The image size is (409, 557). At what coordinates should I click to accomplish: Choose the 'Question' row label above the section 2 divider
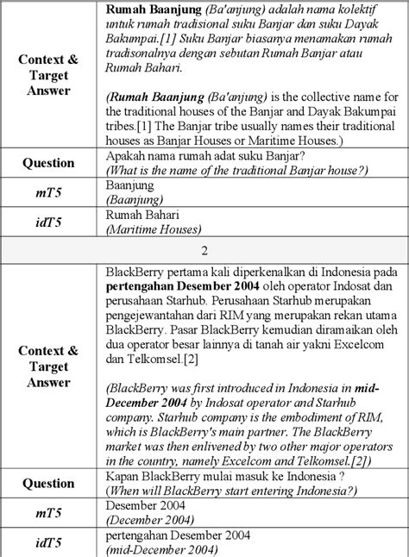(47, 162)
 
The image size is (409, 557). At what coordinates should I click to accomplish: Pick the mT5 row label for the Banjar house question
(47, 190)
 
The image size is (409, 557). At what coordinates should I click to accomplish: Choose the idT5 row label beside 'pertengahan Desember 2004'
(47, 541)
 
